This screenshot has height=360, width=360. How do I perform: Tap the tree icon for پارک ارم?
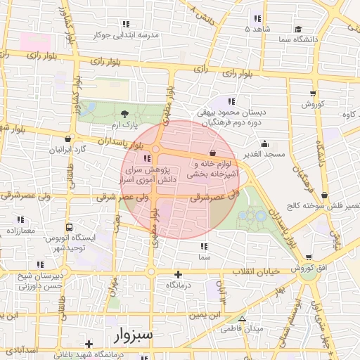124,113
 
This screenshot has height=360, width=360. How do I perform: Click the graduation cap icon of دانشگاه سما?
298,30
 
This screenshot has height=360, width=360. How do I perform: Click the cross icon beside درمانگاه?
178,274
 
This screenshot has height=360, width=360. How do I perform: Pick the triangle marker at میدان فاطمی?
243,319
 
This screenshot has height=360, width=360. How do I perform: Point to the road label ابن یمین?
209,314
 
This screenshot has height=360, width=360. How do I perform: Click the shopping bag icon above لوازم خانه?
212,152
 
